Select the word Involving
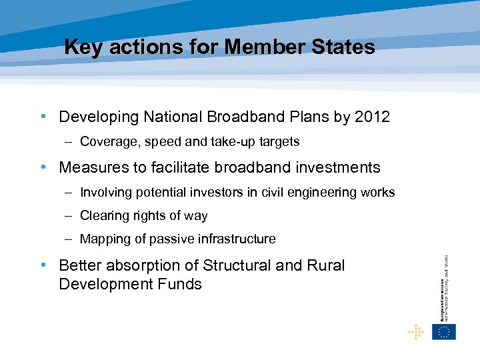pyautogui.click(x=105, y=193)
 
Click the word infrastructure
pyautogui.click(x=237, y=239)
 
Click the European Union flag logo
pyautogui.click(x=443, y=331)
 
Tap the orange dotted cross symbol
pyautogui.click(x=416, y=331)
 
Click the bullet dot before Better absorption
pyautogui.click(x=43, y=265)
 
